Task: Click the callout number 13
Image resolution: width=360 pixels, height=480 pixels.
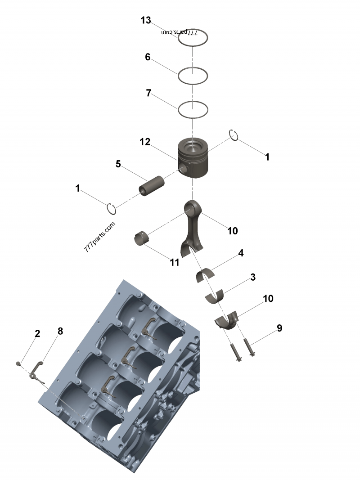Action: pos(145,20)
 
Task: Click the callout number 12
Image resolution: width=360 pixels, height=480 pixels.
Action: pos(144,142)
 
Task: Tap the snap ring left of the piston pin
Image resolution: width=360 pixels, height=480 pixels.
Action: pos(112,209)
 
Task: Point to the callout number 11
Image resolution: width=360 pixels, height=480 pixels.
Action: pos(175,262)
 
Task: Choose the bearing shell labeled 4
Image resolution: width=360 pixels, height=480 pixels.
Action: pos(206,275)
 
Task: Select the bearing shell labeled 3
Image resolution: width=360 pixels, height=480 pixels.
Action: pos(215,296)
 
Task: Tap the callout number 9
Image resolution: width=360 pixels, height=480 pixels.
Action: pos(279,328)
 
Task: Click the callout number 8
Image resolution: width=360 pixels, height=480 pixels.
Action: pos(60,331)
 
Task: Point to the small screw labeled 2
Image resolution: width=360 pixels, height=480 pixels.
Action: pos(18,363)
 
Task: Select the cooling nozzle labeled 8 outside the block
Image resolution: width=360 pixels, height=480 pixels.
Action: pos(36,373)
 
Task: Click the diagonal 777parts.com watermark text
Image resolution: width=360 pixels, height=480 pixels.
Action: pos(99,237)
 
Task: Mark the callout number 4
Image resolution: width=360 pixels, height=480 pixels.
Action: pos(241,253)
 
